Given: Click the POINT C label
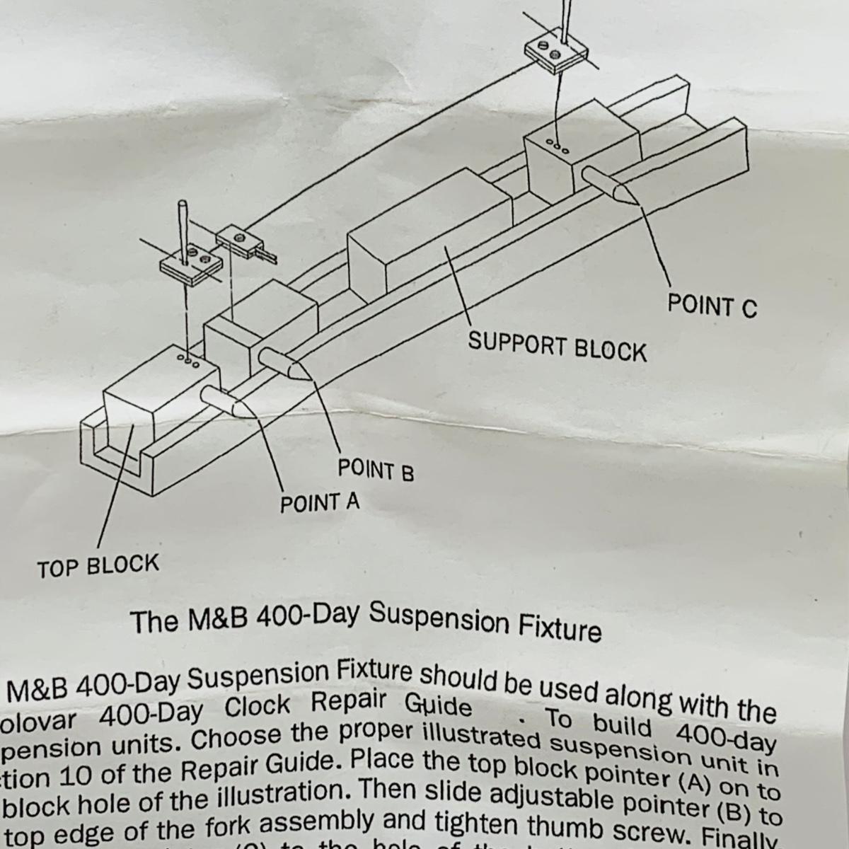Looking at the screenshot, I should [712, 306].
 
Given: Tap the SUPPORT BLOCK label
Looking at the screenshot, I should [557, 347].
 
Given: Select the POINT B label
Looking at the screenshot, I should [375, 470].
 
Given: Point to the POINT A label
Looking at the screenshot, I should [320, 503].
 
